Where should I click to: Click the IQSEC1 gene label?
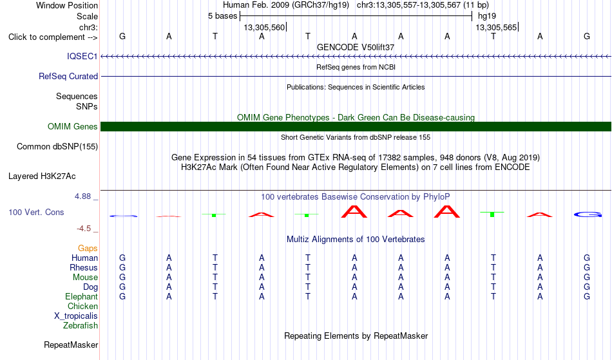tap(82, 56)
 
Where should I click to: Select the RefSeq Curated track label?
tap(68, 76)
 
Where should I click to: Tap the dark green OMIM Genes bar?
tap(356, 126)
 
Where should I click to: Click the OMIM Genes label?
tap(72, 126)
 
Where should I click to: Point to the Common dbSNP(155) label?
tap(57, 147)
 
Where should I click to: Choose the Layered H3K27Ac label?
tap(42, 176)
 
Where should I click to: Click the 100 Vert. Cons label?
tap(36, 212)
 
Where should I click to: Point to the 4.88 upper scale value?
tap(82, 196)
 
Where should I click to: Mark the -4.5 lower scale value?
tap(84, 229)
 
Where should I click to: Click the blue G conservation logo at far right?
tap(587, 214)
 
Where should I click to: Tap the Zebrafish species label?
tap(81, 325)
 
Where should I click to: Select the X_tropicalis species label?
tap(76, 316)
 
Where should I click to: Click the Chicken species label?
tap(82, 306)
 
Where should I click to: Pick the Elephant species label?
tap(81, 296)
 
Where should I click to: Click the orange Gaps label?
tap(88, 249)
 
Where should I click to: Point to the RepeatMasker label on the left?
tap(71, 345)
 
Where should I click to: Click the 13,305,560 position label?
tap(264, 27)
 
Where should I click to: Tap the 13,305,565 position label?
tap(496, 27)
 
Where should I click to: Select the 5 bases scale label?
tap(222, 16)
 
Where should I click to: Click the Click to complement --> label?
tap(53, 37)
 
